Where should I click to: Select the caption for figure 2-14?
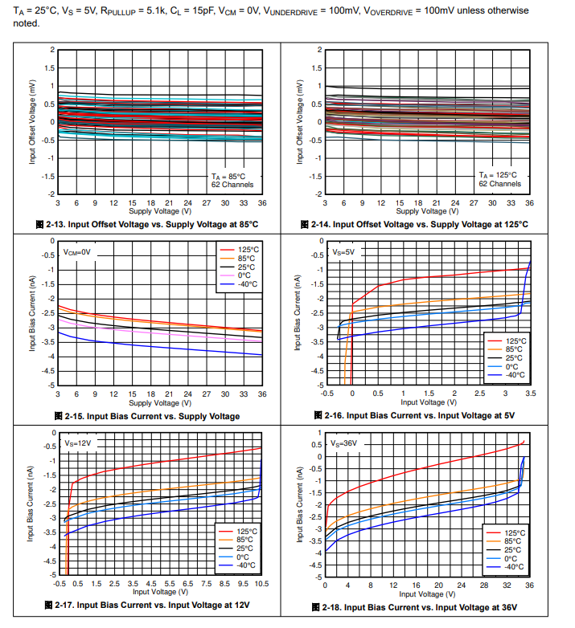coord(416,223)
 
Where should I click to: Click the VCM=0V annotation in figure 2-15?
coord(79,252)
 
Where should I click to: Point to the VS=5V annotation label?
coord(343,252)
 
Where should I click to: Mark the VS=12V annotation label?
coord(79,443)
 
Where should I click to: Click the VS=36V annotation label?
coord(344,443)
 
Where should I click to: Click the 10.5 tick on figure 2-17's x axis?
coord(261,584)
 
